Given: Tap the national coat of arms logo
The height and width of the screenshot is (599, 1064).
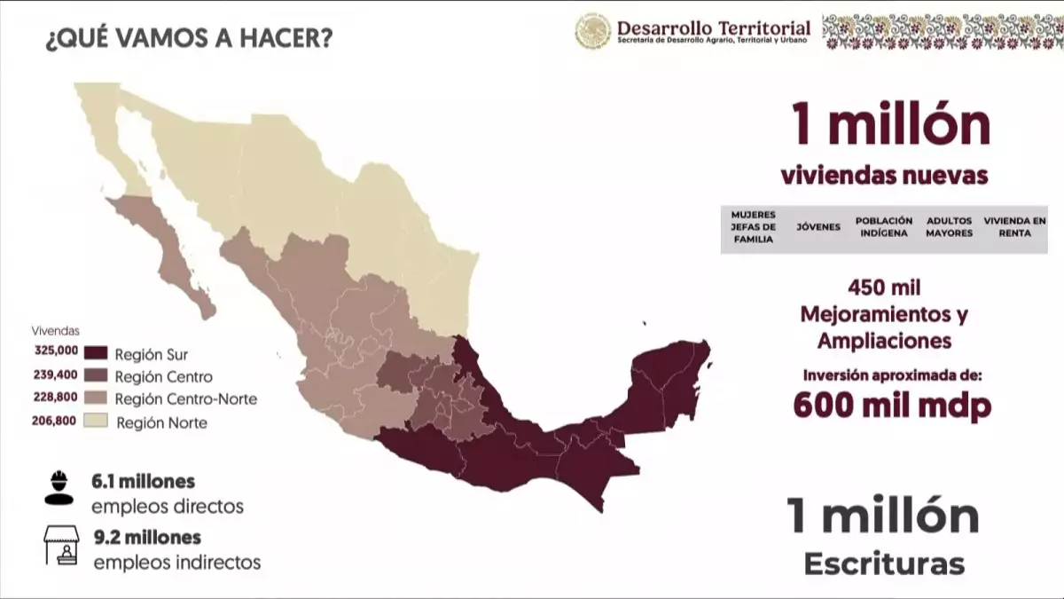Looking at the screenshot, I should pos(592,31).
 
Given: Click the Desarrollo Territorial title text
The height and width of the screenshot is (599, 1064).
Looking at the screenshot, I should pos(714,28).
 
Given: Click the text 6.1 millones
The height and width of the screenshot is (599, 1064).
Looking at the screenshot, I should pos(143,482).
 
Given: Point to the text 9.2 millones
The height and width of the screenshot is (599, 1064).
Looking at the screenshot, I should pos(146,538).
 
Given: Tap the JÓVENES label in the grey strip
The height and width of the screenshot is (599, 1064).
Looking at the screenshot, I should pos(818,227).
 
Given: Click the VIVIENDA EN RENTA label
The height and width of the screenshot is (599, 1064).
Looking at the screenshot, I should pos(1014,227).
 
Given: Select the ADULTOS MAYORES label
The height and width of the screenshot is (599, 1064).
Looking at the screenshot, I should pos(949,227).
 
